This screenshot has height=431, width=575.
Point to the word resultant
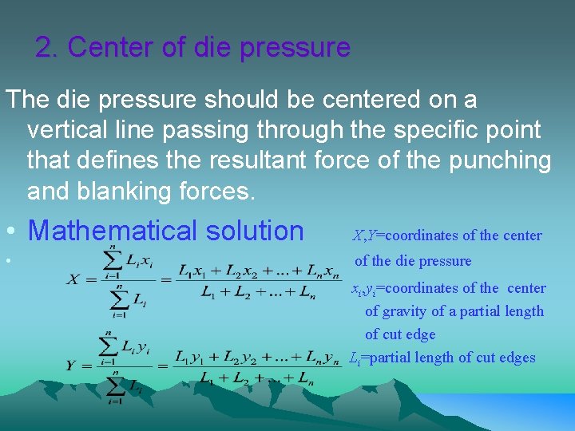click(x=257, y=160)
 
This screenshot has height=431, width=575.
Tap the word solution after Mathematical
click(x=255, y=231)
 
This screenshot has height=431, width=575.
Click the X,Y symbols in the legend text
click(x=364, y=235)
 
